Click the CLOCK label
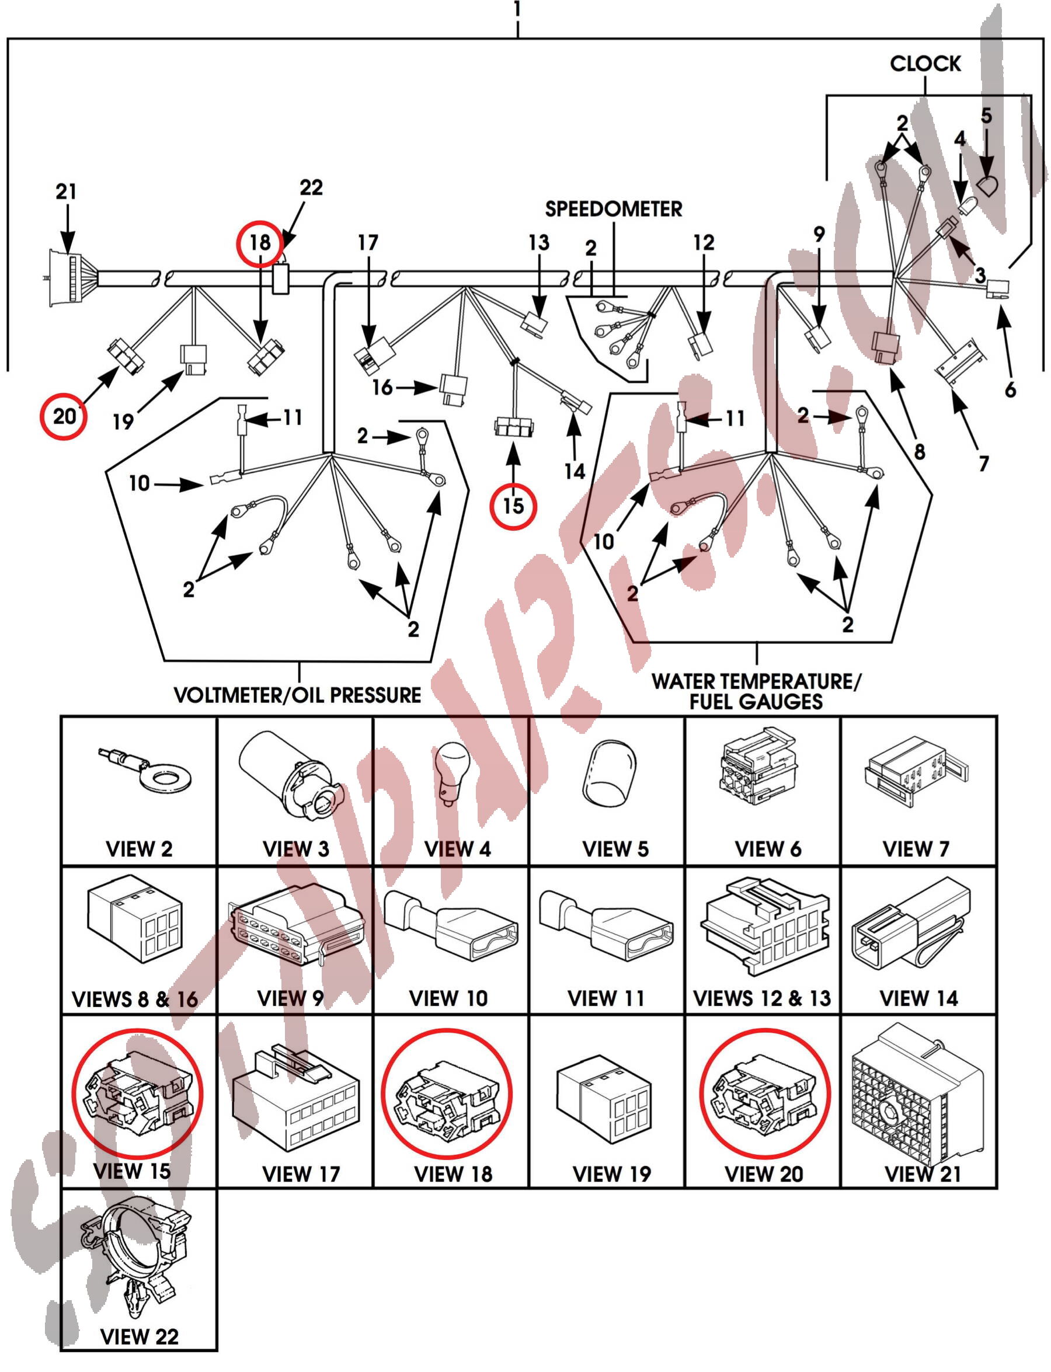coord(925,63)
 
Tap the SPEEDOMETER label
coord(613,209)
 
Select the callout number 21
coord(67,191)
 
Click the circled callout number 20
coord(64,416)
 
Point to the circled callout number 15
coord(513,505)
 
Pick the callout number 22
coord(311,187)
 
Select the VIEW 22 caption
coord(139,1336)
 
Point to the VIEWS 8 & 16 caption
coord(135,999)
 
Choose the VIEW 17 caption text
coord(301,1173)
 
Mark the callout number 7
coord(983,464)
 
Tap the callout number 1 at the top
coord(517,9)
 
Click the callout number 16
coord(382,387)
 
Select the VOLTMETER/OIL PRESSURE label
coord(297,695)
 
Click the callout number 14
coord(575,471)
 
